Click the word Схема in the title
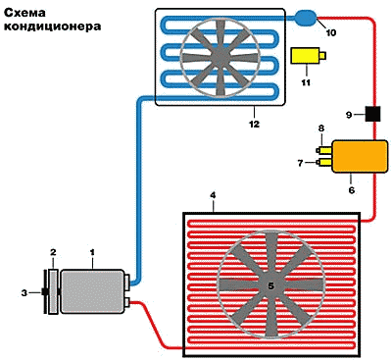pos(24,13)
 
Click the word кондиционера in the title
pos(52,26)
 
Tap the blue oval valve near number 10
pos(306,17)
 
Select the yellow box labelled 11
pos(305,56)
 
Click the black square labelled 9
pos(372,114)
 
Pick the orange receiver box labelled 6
pos(360,156)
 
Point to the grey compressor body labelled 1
pos(92,291)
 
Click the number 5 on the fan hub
pos(270,285)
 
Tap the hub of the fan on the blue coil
pos(220,57)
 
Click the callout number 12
pos(254,124)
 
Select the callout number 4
pos(213,195)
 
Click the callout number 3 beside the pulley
pos(24,293)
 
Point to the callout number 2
pos(53,252)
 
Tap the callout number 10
pos(331,32)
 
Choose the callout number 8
pos(321,129)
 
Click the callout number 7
pos(301,163)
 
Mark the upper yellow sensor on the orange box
pos(324,150)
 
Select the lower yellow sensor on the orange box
pos(324,162)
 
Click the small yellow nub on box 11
pos(322,56)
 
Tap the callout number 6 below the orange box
pos(352,189)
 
